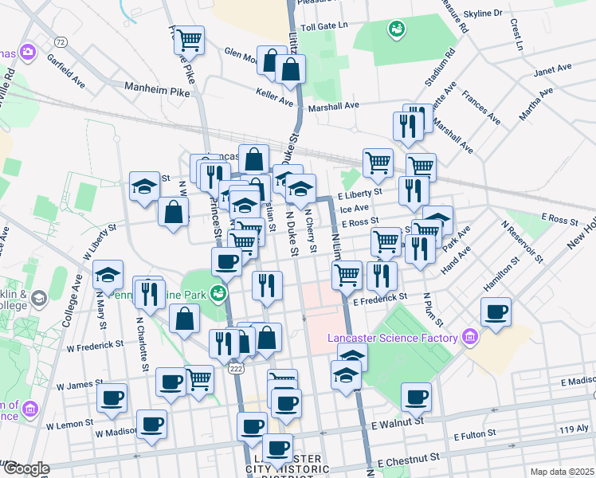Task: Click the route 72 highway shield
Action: [61, 41]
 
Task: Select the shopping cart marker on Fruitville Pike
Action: [190, 39]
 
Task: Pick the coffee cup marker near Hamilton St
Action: [496, 311]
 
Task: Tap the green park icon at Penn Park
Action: [218, 293]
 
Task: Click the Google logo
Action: [25, 469]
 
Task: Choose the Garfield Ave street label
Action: [65, 70]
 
